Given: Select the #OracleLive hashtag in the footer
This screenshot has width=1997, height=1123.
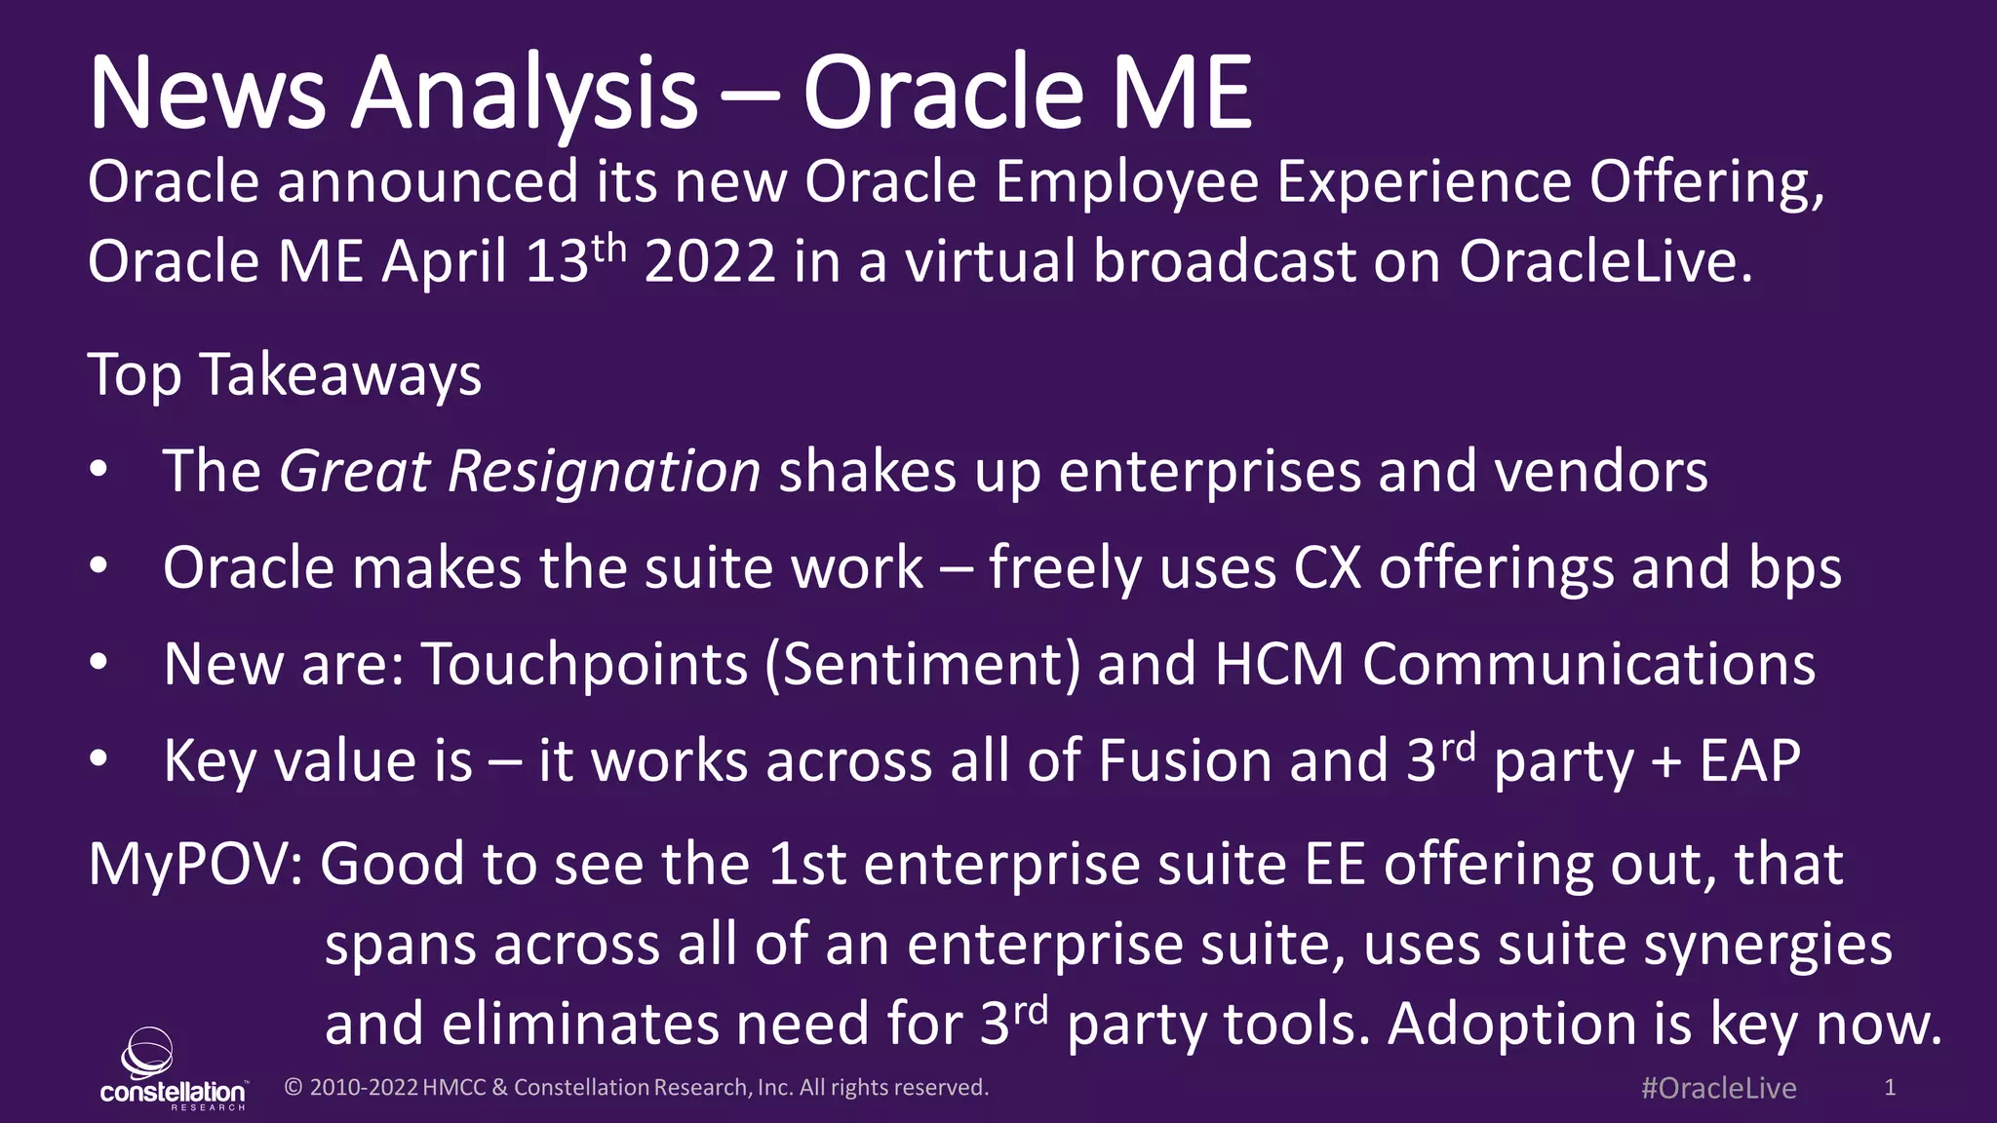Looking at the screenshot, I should click(1718, 1088).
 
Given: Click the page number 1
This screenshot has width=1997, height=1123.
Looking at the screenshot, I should click(1890, 1087).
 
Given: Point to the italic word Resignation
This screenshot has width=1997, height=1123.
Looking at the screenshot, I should click(604, 473).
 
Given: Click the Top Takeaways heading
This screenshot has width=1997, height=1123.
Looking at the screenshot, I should click(285, 375).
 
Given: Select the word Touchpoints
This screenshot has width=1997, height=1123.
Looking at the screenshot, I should click(584, 665).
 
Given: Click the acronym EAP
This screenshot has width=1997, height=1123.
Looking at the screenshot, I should click(1749, 761).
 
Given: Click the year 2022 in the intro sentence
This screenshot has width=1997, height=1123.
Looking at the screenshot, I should click(710, 263).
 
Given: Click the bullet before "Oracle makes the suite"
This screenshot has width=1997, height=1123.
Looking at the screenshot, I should click(98, 567).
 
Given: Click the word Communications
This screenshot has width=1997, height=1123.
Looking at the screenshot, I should click(1588, 665).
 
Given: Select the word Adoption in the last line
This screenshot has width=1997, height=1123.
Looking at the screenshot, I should click(1510, 1026).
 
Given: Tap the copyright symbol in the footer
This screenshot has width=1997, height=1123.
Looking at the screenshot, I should click(293, 1088).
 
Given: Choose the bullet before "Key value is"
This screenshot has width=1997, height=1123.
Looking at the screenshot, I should click(98, 760).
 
